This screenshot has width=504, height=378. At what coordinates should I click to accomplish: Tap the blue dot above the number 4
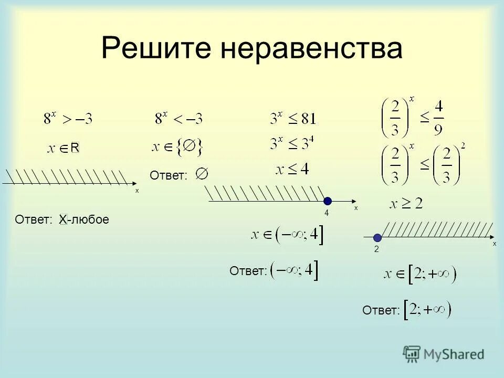coord(328,201)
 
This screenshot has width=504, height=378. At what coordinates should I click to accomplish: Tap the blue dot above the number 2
coord(377,237)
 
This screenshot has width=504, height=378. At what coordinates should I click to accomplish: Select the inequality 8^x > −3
coord(68,119)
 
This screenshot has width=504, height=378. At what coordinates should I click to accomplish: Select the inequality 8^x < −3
coord(178,119)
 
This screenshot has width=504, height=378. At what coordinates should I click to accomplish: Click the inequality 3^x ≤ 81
coord(293,119)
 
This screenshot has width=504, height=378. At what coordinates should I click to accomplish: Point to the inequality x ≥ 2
coord(405,204)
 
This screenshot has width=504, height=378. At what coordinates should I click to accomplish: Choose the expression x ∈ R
coord(64,149)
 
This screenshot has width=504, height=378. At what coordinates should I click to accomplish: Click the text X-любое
coord(84,219)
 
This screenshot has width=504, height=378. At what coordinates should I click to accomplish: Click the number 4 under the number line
coord(326,213)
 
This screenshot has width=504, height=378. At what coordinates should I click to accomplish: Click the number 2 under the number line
coord(376,250)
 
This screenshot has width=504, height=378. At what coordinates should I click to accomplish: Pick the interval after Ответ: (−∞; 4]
coord(295,270)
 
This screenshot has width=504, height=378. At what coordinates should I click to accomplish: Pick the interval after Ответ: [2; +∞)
coord(427,310)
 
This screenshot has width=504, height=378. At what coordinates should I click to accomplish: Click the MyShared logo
coord(444,354)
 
